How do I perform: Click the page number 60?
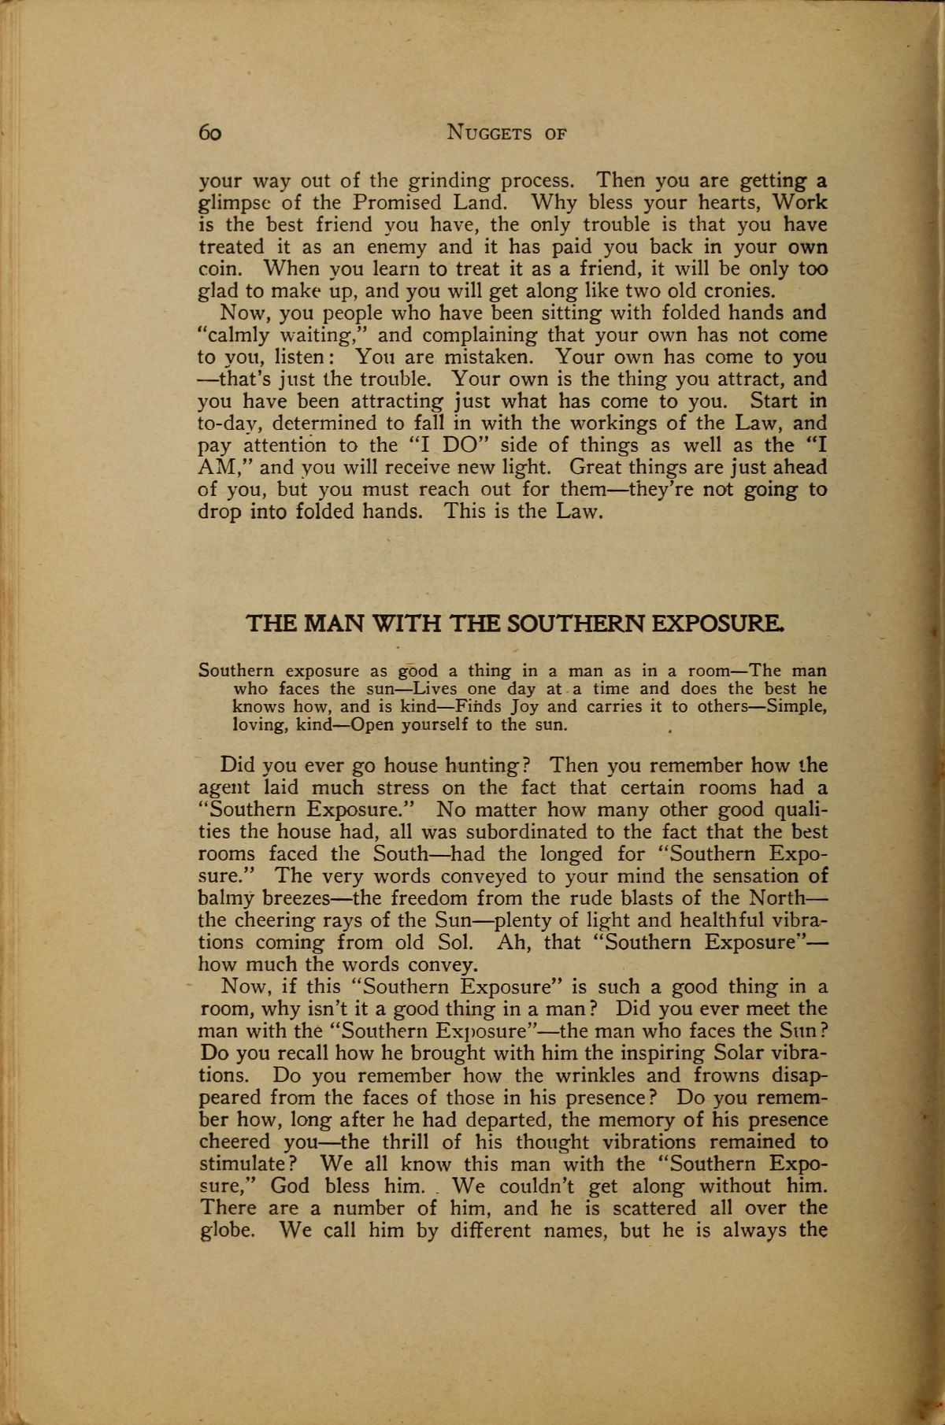click(x=210, y=133)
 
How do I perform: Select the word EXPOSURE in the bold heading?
click(x=714, y=624)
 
